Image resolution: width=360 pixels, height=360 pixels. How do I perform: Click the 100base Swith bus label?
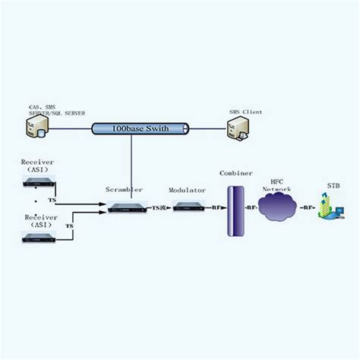(x=140, y=128)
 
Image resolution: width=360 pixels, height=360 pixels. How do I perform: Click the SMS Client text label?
(x=245, y=112)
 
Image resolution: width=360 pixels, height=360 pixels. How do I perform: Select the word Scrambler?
(x=125, y=189)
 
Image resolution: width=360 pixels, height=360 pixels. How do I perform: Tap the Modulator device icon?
(x=187, y=207)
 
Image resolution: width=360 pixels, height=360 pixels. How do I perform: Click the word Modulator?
(x=187, y=190)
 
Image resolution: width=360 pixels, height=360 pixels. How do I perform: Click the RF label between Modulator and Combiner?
(x=216, y=207)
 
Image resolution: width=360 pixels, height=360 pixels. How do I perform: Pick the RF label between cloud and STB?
(x=306, y=207)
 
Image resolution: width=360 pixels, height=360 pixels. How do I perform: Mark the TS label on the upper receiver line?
(x=52, y=201)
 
